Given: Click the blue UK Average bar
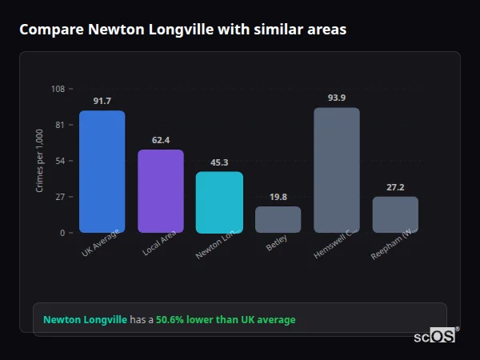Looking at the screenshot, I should point(102,172).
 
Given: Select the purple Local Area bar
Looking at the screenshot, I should point(161,191).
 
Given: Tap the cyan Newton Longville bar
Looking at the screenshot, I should point(219,202).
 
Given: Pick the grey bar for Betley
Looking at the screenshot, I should point(278,219).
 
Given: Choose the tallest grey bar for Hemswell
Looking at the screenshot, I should point(337,170).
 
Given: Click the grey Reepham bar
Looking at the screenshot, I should point(395,214).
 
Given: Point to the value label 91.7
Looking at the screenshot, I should point(102,101).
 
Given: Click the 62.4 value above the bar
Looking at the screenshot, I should point(161,140).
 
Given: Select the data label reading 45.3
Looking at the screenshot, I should point(219,162).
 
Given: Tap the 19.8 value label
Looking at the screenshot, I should point(278,197).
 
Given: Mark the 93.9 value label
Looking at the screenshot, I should point(337,98).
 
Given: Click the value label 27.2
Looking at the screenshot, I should point(395,187).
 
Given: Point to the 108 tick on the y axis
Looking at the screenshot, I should point(58,89).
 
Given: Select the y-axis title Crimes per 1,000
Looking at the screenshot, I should point(40,161).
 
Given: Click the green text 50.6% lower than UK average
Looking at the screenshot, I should point(226,320).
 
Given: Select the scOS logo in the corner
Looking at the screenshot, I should point(434,336).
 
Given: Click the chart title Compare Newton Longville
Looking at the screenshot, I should point(183,30).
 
